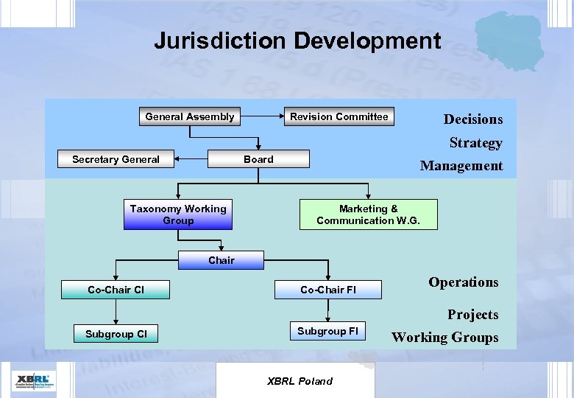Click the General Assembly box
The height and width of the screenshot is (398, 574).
(x=190, y=116)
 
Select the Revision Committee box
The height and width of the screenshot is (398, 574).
(x=339, y=116)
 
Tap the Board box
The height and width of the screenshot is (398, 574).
(x=258, y=159)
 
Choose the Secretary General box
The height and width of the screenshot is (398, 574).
(x=116, y=159)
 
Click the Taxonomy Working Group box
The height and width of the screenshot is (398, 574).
(x=178, y=214)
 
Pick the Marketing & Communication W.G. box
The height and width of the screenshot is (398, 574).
(x=368, y=214)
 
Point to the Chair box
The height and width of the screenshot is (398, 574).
(x=222, y=260)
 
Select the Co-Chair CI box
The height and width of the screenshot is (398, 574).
(x=116, y=290)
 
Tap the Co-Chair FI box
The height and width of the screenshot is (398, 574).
(x=328, y=290)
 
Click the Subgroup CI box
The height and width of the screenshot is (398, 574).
(x=116, y=334)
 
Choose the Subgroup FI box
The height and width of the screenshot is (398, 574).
(x=327, y=332)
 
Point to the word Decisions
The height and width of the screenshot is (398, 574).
(x=473, y=119)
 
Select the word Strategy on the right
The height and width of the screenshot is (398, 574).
(x=476, y=143)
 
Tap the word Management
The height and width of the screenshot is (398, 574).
(x=461, y=166)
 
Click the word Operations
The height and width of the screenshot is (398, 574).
(x=464, y=282)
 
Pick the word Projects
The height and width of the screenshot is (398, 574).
(x=473, y=315)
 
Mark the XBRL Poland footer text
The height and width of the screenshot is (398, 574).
(x=299, y=381)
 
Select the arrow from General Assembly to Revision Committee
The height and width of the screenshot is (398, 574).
(x=263, y=116)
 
